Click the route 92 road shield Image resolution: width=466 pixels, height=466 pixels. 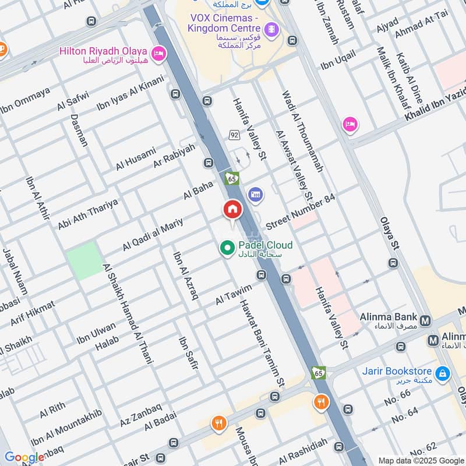234,135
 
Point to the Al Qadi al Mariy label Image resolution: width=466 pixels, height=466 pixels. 149,234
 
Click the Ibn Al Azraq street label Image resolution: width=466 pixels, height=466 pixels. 185,275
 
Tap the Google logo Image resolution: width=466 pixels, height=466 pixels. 24,457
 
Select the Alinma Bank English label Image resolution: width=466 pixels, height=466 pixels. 388,317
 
